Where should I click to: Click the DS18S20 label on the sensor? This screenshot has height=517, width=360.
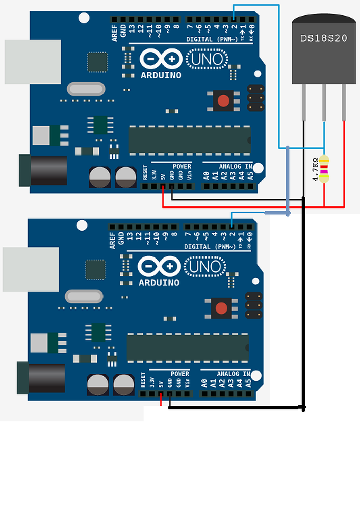click(324, 38)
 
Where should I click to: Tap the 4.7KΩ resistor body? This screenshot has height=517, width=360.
click(324, 169)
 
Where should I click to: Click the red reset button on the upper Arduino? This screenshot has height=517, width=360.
click(223, 100)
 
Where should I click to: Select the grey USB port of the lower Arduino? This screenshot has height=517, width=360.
click(31, 269)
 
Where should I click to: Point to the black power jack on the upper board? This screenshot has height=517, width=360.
click(43, 171)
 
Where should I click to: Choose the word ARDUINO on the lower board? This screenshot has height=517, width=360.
click(159, 282)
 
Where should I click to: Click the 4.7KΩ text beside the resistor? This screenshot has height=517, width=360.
click(315, 170)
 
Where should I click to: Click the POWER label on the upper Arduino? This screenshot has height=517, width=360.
click(182, 166)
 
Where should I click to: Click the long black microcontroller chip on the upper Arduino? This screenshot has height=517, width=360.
click(190, 140)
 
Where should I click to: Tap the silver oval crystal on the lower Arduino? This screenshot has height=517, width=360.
click(84, 296)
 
